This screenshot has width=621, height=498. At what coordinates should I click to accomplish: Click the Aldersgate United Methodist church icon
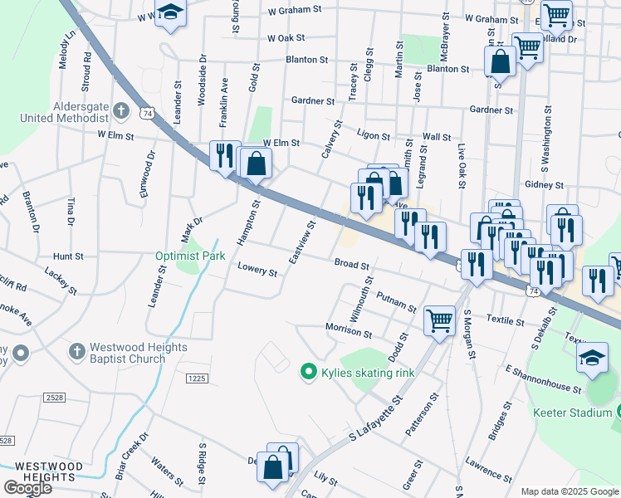tap(121, 110)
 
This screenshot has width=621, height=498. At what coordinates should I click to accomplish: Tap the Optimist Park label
tap(190, 256)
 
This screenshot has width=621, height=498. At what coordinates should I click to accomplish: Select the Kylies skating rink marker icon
tap(309, 373)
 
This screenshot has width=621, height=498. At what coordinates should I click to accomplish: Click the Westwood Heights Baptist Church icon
tap(77, 352)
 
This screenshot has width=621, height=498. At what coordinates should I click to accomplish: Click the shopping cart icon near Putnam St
tap(439, 320)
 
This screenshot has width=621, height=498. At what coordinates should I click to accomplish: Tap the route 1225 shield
tap(196, 378)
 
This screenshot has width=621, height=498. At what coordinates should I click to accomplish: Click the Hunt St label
tap(68, 257)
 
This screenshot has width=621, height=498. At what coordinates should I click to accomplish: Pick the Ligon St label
tap(373, 134)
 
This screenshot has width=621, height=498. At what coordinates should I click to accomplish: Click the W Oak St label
tap(286, 38)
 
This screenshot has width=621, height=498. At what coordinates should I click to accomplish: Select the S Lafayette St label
tap(375, 419)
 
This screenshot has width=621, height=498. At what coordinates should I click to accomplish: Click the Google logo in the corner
tap(27, 488)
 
